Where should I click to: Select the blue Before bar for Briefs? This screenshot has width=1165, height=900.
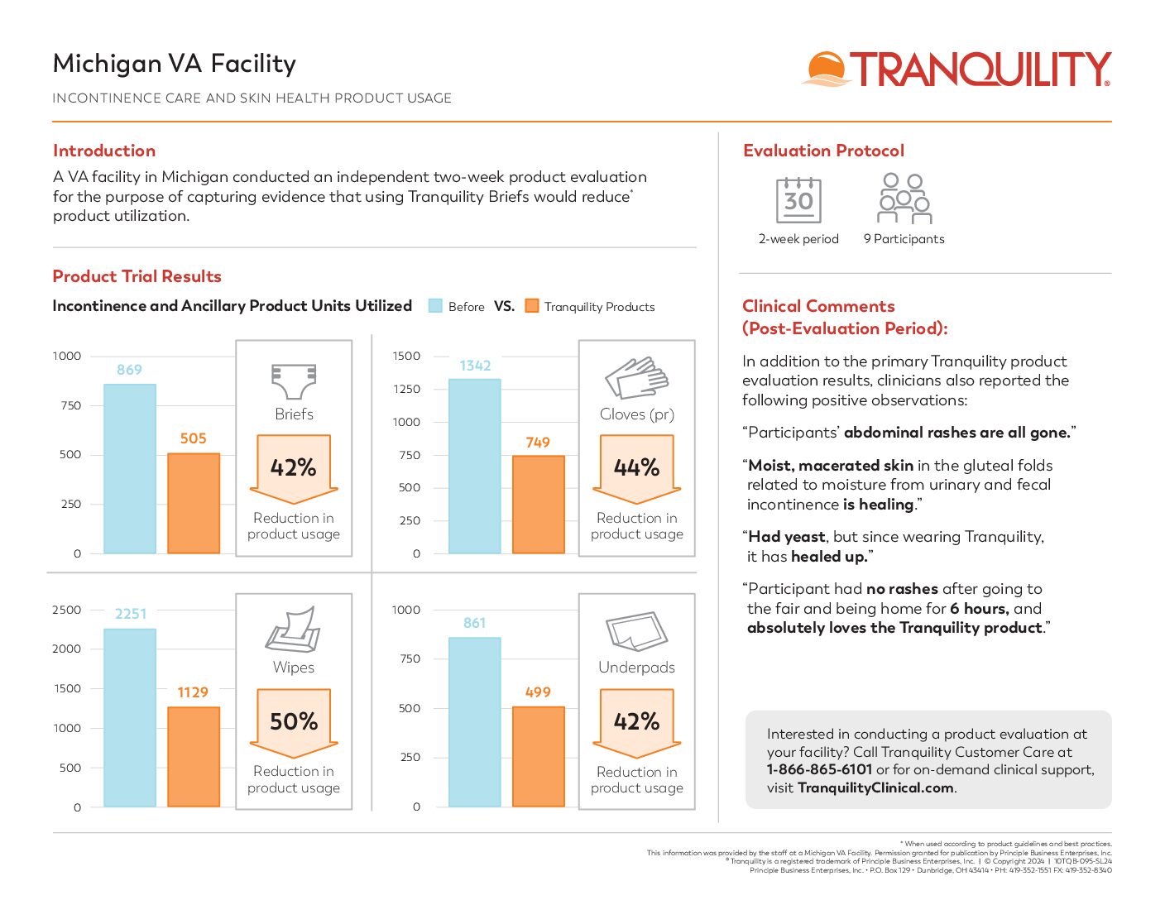[x=130, y=468]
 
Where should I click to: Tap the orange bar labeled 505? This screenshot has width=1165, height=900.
[x=194, y=503]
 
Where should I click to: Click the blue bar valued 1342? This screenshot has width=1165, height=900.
[x=475, y=466]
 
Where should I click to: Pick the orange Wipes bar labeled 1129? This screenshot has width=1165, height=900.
[x=194, y=756]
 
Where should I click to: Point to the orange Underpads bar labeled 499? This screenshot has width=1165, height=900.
[x=539, y=756]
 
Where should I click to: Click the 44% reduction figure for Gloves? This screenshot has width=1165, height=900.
[x=637, y=467]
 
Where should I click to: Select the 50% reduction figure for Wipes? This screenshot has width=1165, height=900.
[x=294, y=721]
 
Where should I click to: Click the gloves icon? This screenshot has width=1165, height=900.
[x=636, y=379]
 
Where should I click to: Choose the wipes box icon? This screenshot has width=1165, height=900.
[x=293, y=630]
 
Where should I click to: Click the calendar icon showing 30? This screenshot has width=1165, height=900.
[x=798, y=200]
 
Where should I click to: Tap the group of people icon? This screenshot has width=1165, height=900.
[x=904, y=199]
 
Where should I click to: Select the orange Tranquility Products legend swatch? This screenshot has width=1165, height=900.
[x=532, y=306]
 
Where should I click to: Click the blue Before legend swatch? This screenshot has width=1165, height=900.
[x=435, y=306]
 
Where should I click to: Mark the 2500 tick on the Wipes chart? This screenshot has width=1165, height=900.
[x=67, y=610]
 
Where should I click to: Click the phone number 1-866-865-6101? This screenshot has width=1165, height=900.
[x=819, y=769]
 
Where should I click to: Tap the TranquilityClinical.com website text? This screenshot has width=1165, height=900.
[x=875, y=787]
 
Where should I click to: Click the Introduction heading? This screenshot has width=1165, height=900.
[x=104, y=151]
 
